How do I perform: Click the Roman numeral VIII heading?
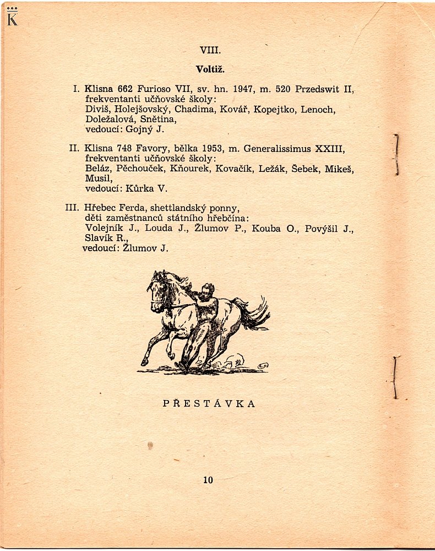[x=210, y=50]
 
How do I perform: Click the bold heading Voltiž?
[x=210, y=69]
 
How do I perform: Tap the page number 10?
[x=208, y=480]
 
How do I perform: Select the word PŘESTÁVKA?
[x=209, y=403]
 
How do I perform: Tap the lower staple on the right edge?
[x=395, y=377]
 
